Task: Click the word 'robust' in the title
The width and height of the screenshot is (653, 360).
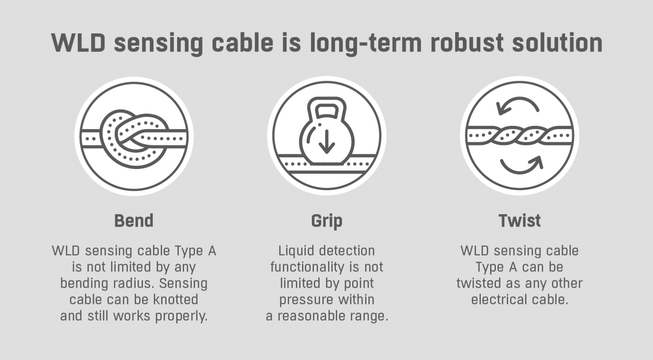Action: pyautogui.click(x=467, y=43)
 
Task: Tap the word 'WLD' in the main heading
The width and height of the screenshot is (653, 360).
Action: pyautogui.click(x=78, y=43)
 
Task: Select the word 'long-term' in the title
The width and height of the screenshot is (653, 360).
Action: pyautogui.click(x=366, y=44)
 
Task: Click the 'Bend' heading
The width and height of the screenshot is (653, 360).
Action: pyautogui.click(x=134, y=221)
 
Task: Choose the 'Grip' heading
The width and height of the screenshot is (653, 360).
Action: pyautogui.click(x=327, y=221)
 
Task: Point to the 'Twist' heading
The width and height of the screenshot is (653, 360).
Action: pyautogui.click(x=520, y=221)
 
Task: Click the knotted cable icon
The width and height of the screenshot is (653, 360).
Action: pyautogui.click(x=134, y=136)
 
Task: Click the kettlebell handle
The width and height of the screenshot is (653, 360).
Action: pyautogui.click(x=327, y=108)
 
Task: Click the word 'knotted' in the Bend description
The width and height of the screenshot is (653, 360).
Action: pyautogui.click(x=176, y=300)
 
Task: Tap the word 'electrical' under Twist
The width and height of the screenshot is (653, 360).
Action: pyautogui.click(x=500, y=300)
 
